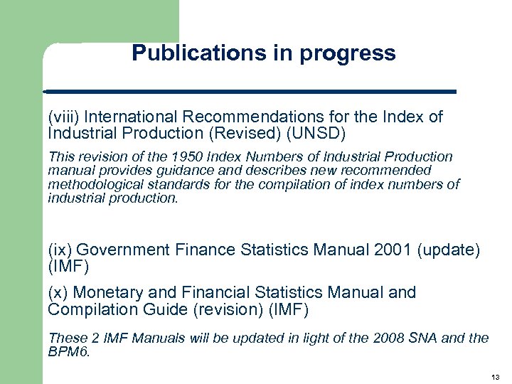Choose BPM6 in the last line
pos(68,352)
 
